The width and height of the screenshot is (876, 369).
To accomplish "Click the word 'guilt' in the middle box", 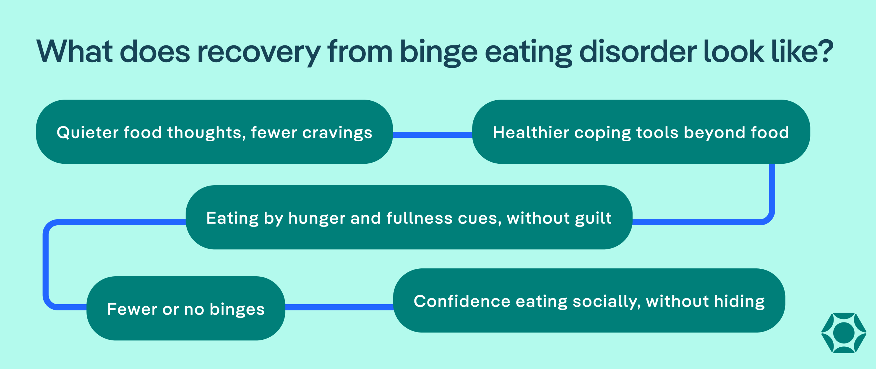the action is click(593, 218).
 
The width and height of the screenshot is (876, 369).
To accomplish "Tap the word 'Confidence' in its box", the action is click(462, 301).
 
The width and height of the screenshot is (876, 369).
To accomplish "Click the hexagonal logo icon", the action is click(844, 333).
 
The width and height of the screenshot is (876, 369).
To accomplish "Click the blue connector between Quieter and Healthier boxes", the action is click(432, 135).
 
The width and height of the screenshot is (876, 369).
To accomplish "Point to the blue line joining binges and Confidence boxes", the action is click(339, 307).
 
